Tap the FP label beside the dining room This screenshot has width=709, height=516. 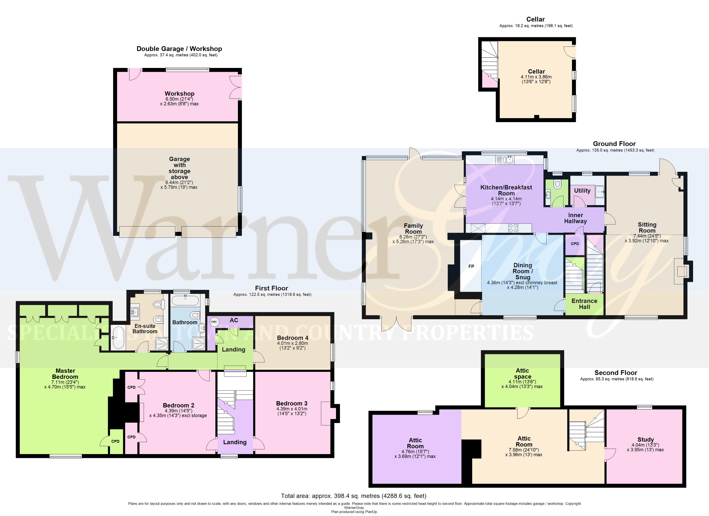(471, 267)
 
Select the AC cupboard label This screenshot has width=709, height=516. (234, 320)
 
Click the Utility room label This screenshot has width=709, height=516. (582, 190)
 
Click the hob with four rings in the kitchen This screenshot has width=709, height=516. (513, 228)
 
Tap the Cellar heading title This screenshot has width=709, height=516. (535, 19)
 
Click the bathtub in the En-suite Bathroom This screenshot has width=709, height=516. (118, 338)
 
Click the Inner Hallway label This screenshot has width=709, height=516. (576, 218)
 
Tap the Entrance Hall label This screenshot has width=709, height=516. (584, 304)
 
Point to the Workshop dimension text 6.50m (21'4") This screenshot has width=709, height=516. (179, 99)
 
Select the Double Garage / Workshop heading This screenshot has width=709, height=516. (179, 49)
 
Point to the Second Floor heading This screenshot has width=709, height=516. (616, 373)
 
